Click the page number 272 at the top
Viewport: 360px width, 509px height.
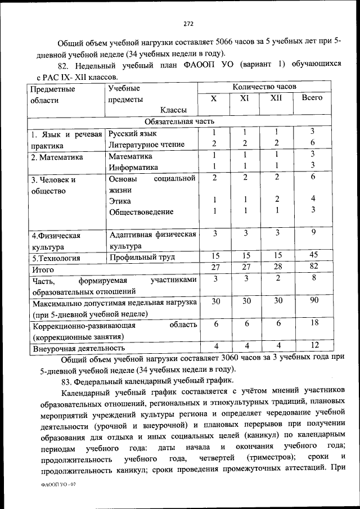click(x=188, y=23)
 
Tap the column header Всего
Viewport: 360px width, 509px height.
click(x=312, y=98)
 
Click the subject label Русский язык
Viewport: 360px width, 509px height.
click(x=133, y=134)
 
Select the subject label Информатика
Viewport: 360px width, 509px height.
click(x=133, y=167)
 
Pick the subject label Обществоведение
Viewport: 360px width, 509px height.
click(x=141, y=212)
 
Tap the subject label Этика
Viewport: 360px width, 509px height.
click(x=120, y=201)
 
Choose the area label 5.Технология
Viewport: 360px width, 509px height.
click(x=56, y=259)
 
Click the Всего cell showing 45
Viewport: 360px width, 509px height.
click(x=314, y=255)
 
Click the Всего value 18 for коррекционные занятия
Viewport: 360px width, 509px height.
click(x=314, y=323)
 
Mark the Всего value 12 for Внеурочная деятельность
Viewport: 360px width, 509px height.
click(x=314, y=345)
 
